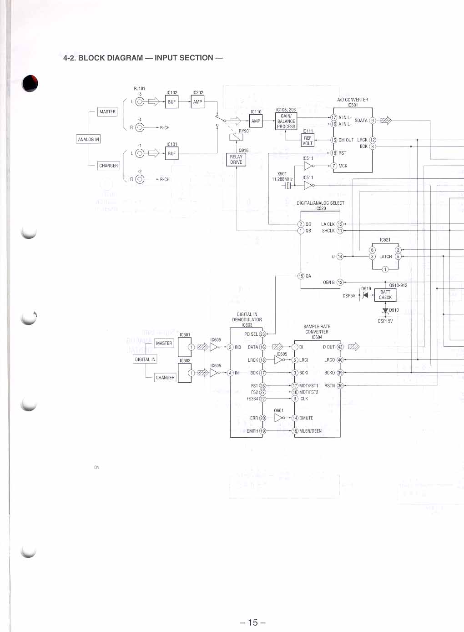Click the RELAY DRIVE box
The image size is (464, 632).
(236, 159)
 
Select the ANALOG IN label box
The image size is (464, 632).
(88, 139)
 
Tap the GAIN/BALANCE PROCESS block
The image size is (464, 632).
(286, 121)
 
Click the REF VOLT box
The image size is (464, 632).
(308, 141)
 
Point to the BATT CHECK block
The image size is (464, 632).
(385, 295)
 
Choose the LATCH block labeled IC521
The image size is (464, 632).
(385, 257)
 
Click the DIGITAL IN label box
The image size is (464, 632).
(145, 359)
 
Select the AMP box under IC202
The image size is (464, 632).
(197, 102)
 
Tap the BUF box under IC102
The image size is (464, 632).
(171, 102)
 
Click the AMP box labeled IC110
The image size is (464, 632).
(256, 121)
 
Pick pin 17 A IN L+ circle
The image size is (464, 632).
(333, 117)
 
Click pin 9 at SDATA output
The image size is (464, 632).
(373, 121)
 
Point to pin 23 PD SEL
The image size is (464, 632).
(262, 334)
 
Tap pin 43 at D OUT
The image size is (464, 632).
(340, 347)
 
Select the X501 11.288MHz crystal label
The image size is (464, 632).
(282, 177)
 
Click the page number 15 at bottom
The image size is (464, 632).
(253, 622)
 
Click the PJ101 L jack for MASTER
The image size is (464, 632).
(140, 102)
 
